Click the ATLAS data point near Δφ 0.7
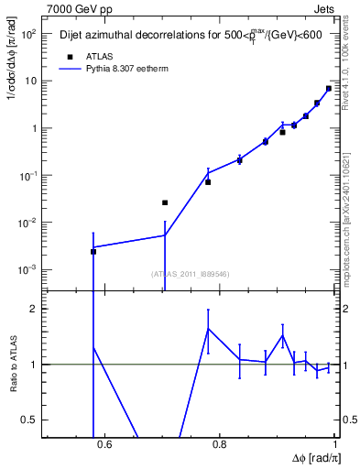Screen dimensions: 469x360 click(x=165, y=202)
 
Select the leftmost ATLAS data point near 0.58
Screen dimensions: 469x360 click(x=93, y=251)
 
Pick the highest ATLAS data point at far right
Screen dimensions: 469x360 click(x=329, y=89)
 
